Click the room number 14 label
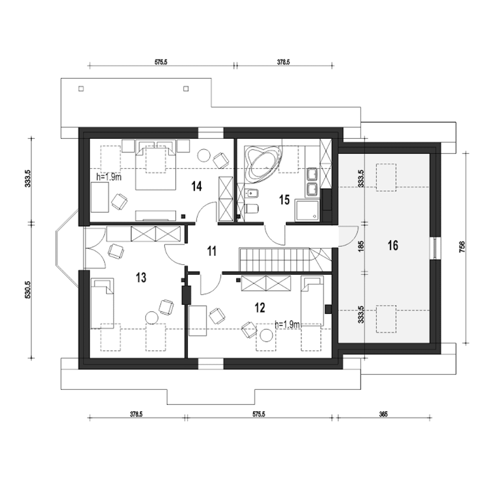(196, 187)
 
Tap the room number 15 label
(284, 200)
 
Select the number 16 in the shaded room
(393, 246)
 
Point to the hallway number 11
(212, 251)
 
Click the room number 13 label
(141, 278)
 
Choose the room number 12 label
(260, 307)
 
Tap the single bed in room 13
(102, 304)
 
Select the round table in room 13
(152, 318)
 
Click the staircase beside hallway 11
(286, 260)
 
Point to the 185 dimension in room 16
(361, 246)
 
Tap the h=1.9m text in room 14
(109, 177)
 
